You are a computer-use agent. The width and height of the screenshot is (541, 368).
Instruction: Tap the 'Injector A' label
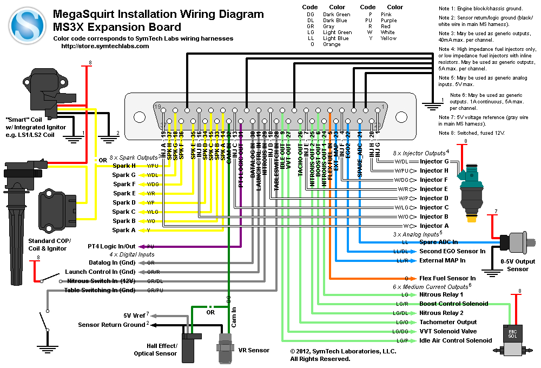point(434,226)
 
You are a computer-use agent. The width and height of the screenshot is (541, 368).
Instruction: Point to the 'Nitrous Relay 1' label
point(441,295)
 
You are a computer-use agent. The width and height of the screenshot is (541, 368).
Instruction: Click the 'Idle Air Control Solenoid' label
point(456,340)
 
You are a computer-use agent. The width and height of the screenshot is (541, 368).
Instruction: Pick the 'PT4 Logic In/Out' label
point(112,246)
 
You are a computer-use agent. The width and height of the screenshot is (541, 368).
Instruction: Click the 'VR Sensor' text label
point(254,350)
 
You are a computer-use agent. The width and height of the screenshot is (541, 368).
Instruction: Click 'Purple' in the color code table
point(388,21)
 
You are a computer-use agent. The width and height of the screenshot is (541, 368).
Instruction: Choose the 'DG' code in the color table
point(310,15)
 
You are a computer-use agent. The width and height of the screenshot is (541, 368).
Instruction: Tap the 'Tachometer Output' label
point(448,322)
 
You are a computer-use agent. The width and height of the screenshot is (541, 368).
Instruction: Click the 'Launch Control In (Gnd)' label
point(100,272)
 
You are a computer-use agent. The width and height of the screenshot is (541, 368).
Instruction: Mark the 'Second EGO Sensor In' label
point(452,251)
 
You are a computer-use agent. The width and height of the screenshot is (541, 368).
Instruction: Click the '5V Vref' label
point(135,316)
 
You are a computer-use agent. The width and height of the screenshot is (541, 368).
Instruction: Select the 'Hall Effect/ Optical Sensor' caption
point(155,349)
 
